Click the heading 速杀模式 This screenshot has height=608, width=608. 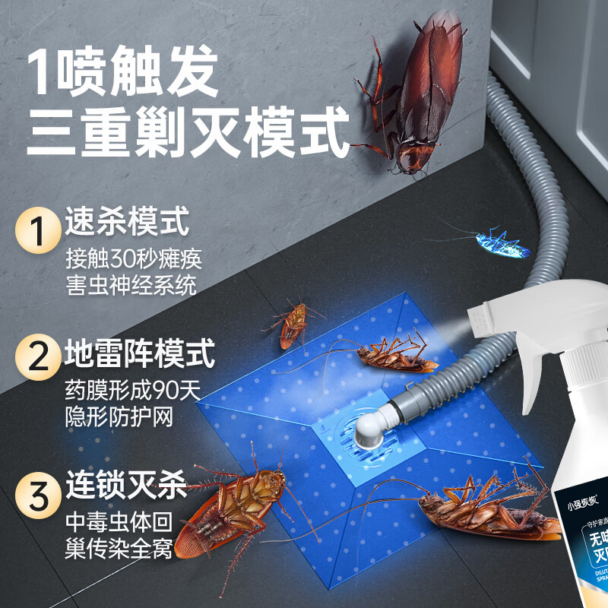pyautogui.click(x=126, y=223)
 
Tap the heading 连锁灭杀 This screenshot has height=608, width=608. pyautogui.click(x=126, y=483)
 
